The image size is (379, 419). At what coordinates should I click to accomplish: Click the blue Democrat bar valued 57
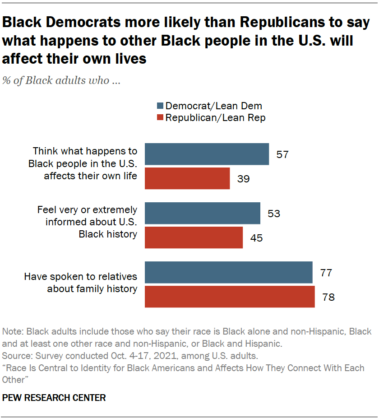[207, 154]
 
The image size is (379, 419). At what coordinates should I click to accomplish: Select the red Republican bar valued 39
[187, 178]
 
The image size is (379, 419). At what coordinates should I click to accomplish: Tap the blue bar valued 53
[202, 213]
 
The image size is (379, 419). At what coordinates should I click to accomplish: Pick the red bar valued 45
[194, 237]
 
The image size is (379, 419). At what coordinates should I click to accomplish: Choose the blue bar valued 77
[228, 272]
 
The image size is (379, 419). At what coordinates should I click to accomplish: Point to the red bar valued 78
[230, 296]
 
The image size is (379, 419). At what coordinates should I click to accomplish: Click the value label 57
[282, 154]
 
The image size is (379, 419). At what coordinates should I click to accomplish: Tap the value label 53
[273, 213]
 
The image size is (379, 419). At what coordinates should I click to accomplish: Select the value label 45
[256, 237]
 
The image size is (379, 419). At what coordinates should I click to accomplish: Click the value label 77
[326, 273]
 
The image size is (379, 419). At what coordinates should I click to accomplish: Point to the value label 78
[328, 297]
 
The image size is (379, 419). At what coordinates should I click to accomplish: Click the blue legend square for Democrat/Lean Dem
[159, 107]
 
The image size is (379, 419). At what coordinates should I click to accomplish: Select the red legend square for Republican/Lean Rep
[159, 118]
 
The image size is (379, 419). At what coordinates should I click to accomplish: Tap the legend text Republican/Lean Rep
[215, 118]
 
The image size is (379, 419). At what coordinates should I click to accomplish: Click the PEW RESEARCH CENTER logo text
[54, 398]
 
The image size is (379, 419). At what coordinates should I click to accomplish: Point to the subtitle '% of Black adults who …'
[61, 81]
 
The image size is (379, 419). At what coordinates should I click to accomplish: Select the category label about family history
[80, 283]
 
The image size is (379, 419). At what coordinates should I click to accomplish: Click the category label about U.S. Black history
[87, 221]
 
